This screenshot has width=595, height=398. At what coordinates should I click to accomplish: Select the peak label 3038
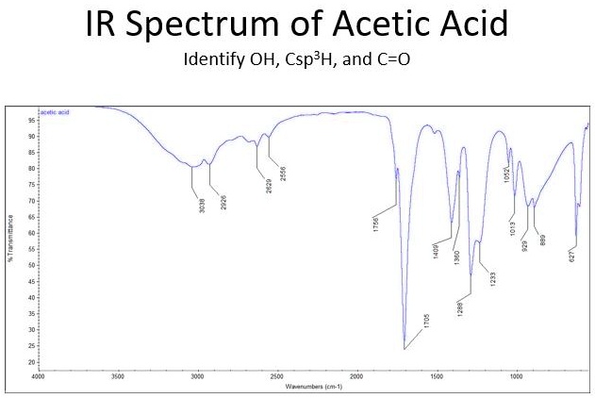point(202,205)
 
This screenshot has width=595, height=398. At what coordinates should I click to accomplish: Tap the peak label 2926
point(223,203)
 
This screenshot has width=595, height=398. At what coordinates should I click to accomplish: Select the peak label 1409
point(436,249)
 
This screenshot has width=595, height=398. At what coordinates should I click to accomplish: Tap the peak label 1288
point(460,307)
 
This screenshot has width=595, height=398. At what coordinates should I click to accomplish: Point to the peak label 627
point(571,255)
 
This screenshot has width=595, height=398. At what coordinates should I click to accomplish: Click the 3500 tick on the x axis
point(118,376)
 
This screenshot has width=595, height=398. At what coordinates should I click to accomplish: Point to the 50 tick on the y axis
point(30,265)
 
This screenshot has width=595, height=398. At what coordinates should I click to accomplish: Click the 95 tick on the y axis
point(30,120)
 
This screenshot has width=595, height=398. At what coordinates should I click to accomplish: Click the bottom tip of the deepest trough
point(405,349)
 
